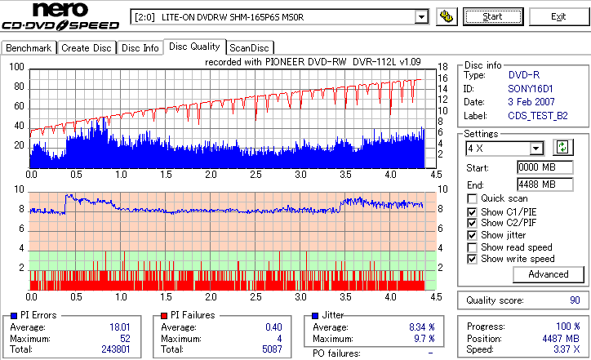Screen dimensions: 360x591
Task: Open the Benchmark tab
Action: [29, 48]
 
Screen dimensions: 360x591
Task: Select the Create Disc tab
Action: [87, 48]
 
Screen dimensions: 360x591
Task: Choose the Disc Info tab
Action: [140, 48]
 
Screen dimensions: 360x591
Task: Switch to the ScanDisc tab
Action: [249, 48]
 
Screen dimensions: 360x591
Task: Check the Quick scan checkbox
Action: [473, 198]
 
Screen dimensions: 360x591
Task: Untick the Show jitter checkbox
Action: [473, 235]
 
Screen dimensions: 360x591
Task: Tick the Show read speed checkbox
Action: [473, 247]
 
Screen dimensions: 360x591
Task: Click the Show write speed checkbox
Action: [473, 259]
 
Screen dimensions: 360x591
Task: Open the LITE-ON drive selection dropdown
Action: [421, 16]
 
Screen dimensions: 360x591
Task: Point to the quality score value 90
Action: [575, 301]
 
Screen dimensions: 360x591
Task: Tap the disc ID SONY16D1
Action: [529, 88]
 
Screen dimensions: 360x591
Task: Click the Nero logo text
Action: [51, 11]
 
